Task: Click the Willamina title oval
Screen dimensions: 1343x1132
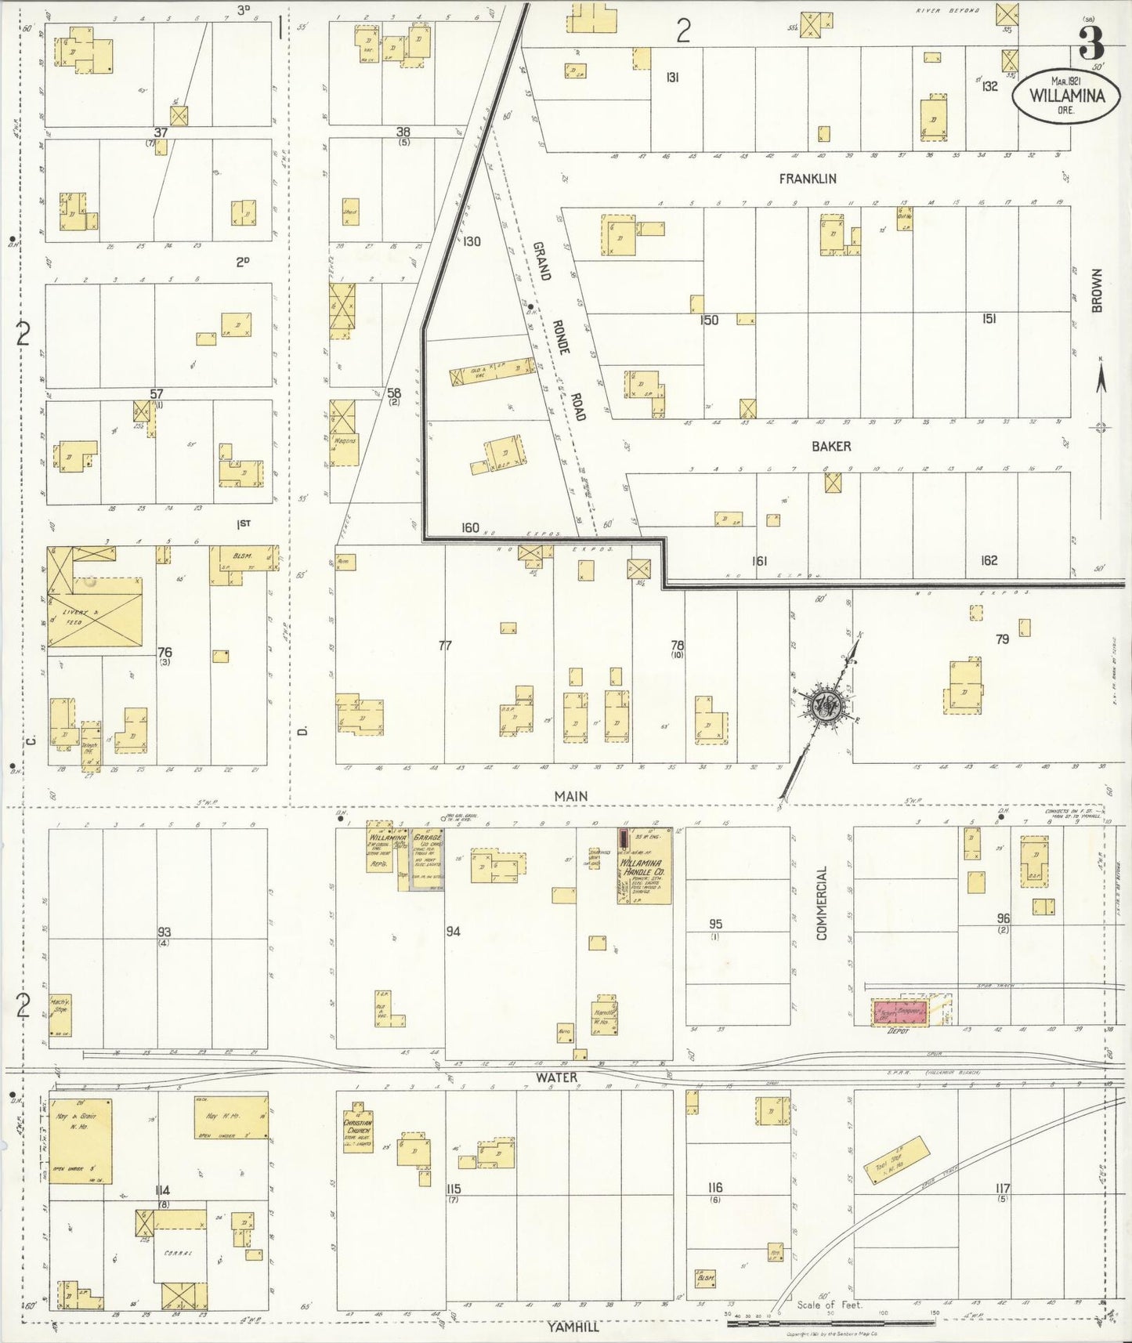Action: (x=1066, y=96)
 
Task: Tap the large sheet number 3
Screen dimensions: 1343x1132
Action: (x=1090, y=43)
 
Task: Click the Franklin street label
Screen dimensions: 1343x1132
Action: (x=807, y=179)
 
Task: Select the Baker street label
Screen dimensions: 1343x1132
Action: (x=830, y=446)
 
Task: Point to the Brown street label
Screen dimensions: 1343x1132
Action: (x=1097, y=291)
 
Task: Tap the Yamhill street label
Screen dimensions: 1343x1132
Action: (x=573, y=1326)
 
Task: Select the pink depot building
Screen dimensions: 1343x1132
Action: (x=900, y=1012)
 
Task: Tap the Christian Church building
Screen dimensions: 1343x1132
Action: (x=358, y=1131)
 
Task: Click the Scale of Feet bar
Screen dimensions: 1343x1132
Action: (x=830, y=1323)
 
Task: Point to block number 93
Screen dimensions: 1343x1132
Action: (x=164, y=932)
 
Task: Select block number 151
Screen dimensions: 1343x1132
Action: (x=989, y=319)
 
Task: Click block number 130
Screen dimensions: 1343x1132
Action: (x=471, y=241)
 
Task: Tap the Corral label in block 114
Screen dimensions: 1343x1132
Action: (x=179, y=1253)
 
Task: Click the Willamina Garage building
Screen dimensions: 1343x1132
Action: (x=427, y=858)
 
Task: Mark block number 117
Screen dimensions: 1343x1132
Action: (x=1002, y=1188)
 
